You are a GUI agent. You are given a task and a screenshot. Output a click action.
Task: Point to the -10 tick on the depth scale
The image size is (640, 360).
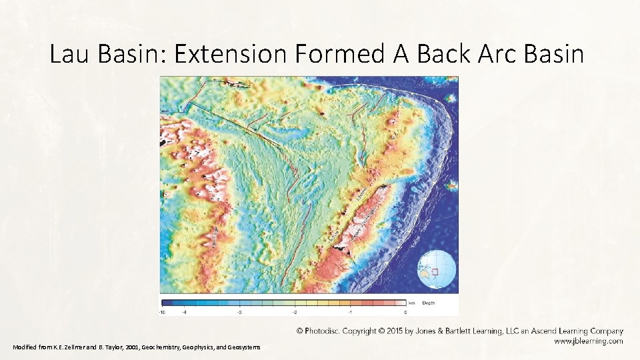click(162, 311)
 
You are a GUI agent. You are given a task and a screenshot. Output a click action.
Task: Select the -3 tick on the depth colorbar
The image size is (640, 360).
click(239, 311)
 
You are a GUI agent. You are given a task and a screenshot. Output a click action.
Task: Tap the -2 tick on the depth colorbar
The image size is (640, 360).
click(294, 311)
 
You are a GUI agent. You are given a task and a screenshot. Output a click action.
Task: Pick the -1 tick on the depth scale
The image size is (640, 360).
click(350, 311)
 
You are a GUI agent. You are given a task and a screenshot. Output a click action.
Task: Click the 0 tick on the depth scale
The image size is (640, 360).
click(405, 311)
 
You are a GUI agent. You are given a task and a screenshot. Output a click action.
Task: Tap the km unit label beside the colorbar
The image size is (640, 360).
click(413, 303)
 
